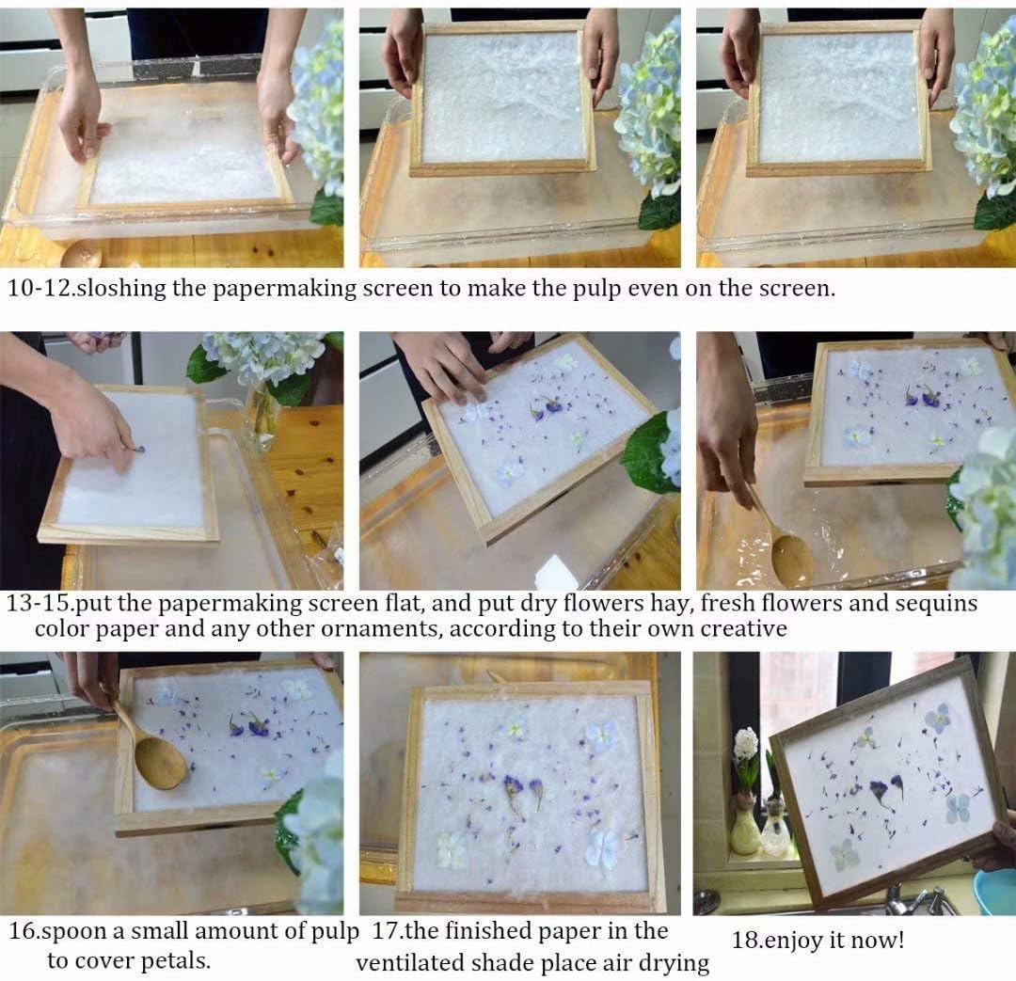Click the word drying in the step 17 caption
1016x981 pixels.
pos(672,962)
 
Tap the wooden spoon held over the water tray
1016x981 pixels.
pos(788,555)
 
